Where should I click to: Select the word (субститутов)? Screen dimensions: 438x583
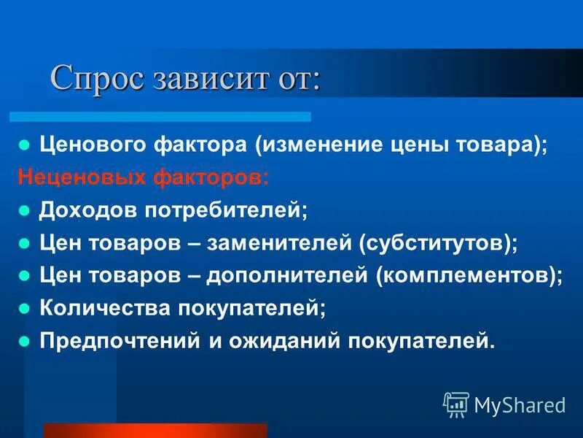point(438,243)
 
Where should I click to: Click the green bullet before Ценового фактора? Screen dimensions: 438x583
point(24,144)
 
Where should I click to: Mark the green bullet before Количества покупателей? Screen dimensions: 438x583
point(24,308)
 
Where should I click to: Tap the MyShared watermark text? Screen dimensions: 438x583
point(520,404)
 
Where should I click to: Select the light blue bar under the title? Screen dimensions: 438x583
point(160,116)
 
